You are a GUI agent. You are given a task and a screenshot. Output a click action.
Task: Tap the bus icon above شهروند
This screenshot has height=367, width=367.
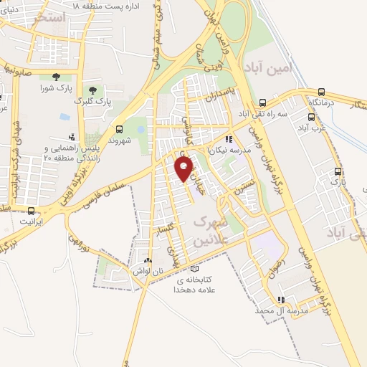pos(119,129)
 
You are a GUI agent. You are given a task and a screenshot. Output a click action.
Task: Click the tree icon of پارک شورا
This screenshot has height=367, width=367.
pos(56,77)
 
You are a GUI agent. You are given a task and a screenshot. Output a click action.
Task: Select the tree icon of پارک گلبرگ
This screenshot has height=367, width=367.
pos(92,88)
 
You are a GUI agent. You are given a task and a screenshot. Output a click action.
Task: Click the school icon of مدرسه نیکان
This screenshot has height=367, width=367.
pos(229,140)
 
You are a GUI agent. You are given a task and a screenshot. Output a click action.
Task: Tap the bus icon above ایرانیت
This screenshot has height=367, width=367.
pos(31,211)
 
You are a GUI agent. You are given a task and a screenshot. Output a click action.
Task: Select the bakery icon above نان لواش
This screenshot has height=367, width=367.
pos(148,261)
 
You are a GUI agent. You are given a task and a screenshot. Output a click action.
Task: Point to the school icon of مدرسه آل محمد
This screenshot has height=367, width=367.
pos(281,300)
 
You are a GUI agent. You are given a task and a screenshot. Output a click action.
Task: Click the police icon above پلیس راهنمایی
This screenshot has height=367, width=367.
pos(71,137)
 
